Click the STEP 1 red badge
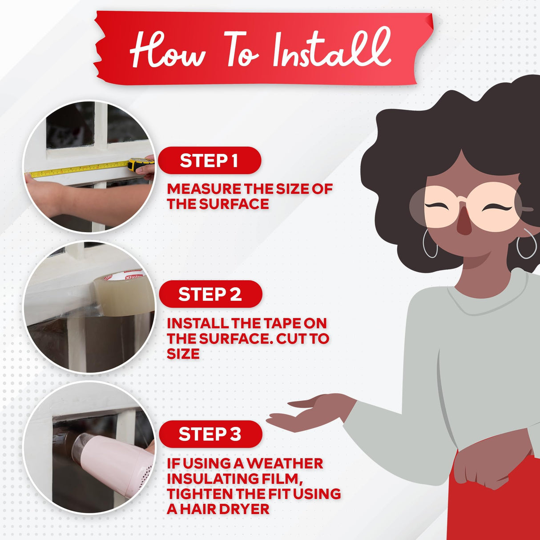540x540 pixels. point(210,161)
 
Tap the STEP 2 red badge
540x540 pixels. point(210,294)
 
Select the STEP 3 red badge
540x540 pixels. point(210,434)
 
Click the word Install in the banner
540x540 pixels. point(332,48)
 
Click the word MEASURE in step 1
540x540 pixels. point(204,189)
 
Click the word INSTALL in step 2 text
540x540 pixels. point(197,323)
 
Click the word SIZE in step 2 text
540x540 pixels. point(183,354)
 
